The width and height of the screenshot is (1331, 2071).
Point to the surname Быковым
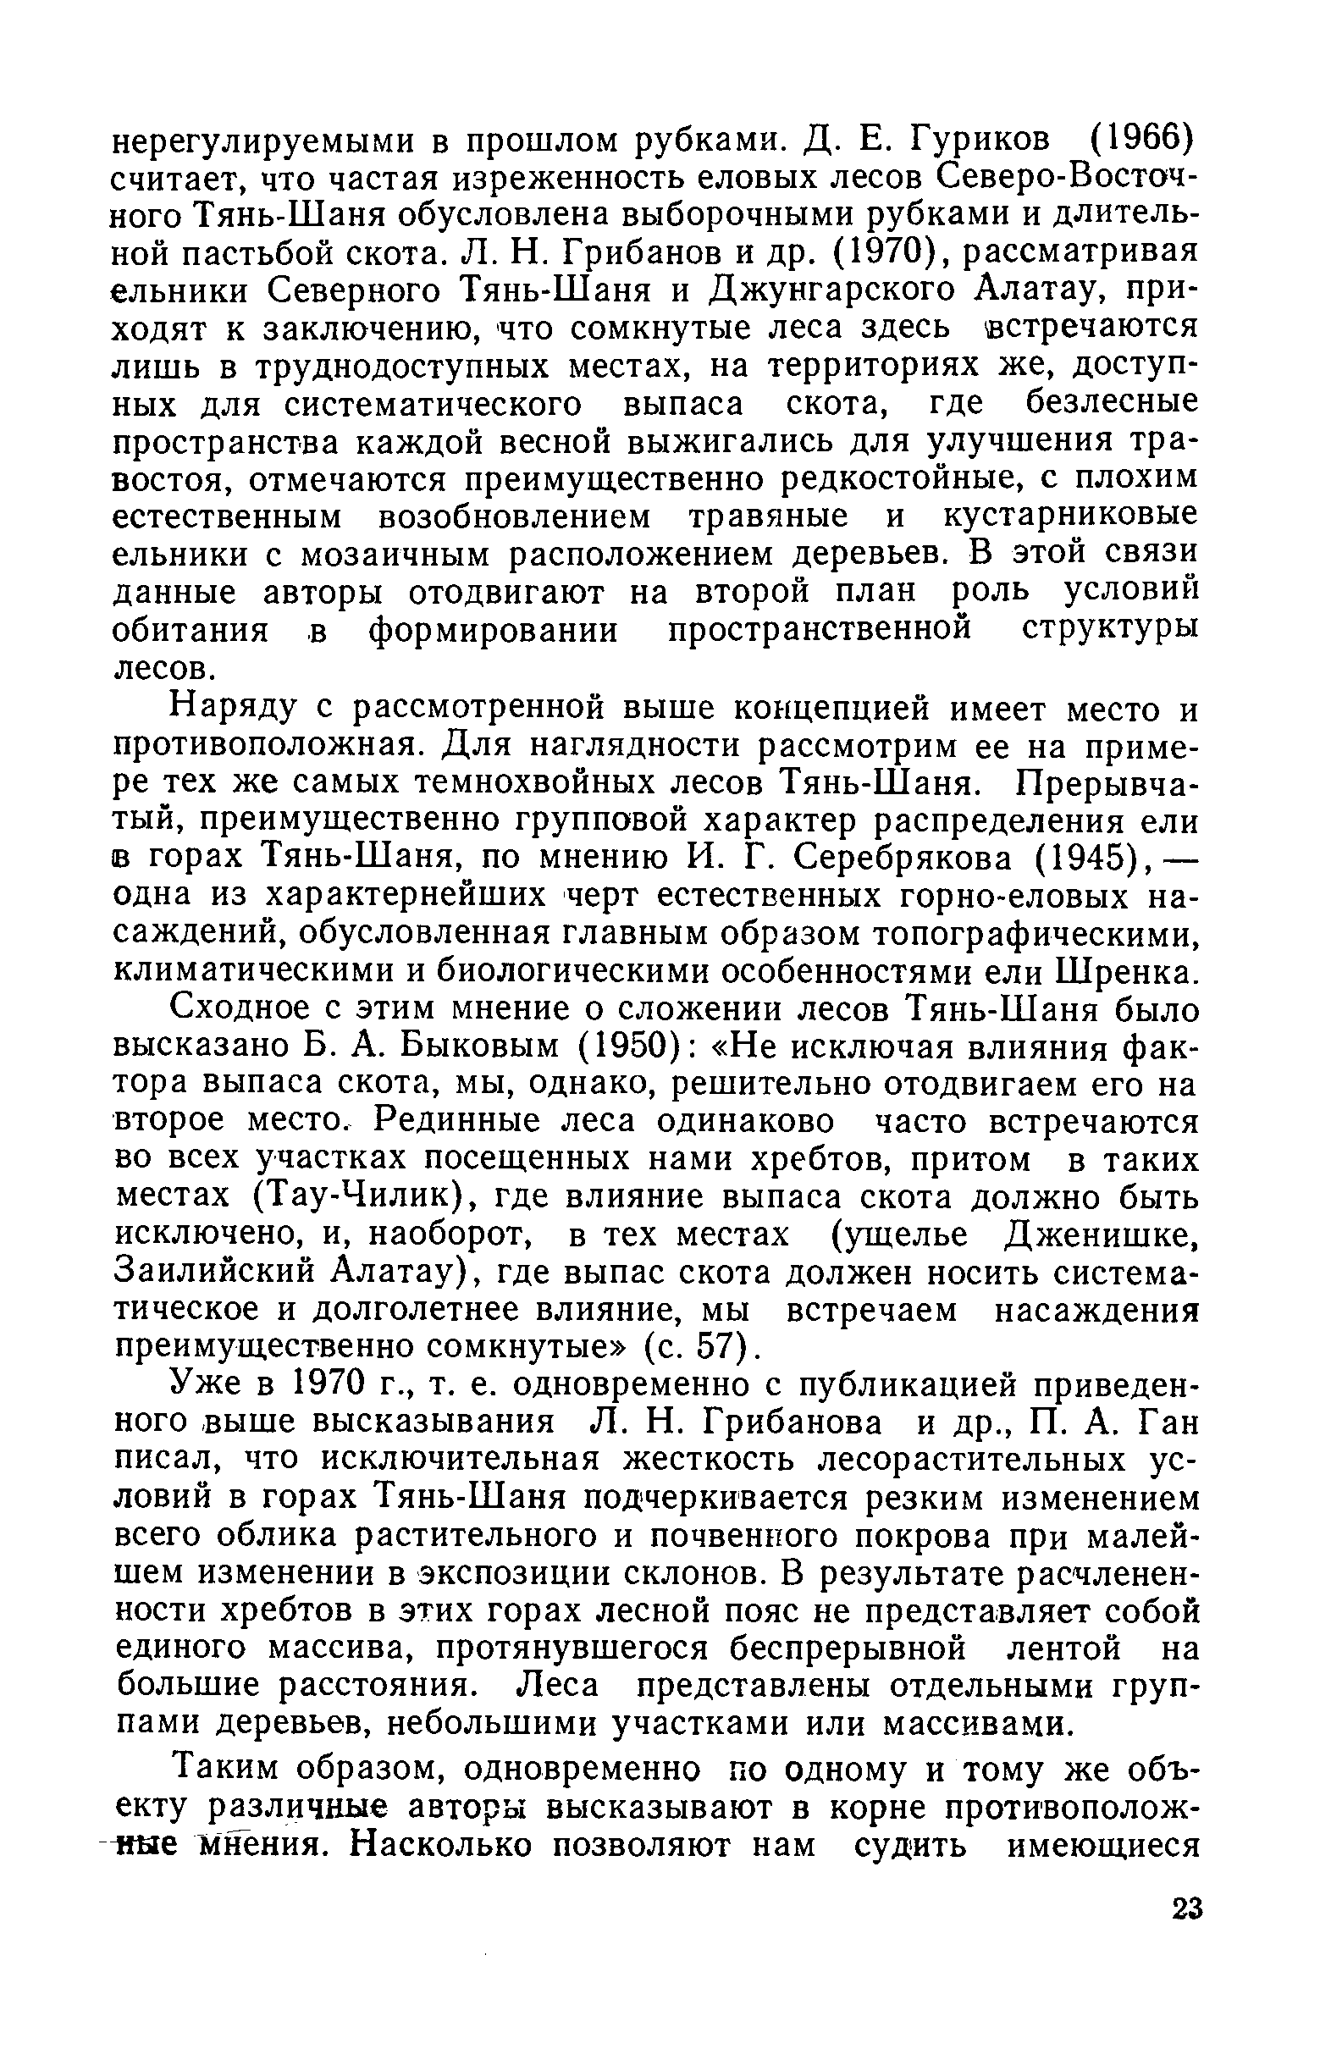pos(483,1047)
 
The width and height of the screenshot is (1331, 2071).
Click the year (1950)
pos(629,1047)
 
